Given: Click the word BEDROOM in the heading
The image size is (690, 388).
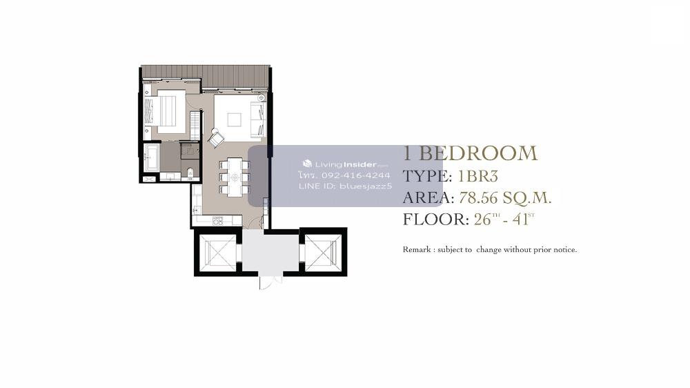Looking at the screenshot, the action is pyautogui.click(x=478, y=153).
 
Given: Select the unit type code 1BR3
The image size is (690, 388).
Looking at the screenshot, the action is pyautogui.click(x=478, y=176).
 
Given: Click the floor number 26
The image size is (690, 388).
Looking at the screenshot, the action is pyautogui.click(x=482, y=220).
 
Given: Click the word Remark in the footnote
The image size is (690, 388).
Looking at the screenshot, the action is pyautogui.click(x=417, y=250).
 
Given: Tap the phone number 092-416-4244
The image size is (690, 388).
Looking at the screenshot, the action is pyautogui.click(x=355, y=175).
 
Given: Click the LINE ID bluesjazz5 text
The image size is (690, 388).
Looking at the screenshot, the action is pyautogui.click(x=345, y=186).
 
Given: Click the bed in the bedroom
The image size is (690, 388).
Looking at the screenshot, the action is pyautogui.click(x=166, y=111).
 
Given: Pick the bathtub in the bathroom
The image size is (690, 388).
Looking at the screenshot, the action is pyautogui.click(x=152, y=157).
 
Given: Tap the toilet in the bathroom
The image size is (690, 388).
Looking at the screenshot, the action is pyautogui.click(x=190, y=172).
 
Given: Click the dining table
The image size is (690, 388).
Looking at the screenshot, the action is pyautogui.click(x=235, y=177).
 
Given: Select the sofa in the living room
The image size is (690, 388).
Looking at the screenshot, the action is pyautogui.click(x=258, y=119).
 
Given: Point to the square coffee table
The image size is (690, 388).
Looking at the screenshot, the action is pyautogui.click(x=234, y=120).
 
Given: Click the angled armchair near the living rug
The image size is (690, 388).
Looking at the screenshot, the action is pyautogui.click(x=215, y=138).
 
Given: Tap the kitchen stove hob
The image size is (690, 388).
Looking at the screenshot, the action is pyautogui.click(x=218, y=221).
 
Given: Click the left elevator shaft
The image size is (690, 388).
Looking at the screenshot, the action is pyautogui.click(x=217, y=253).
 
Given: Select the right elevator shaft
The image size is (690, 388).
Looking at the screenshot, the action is pyautogui.click(x=324, y=253).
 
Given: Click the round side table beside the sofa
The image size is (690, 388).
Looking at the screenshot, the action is pyautogui.click(x=262, y=98).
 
